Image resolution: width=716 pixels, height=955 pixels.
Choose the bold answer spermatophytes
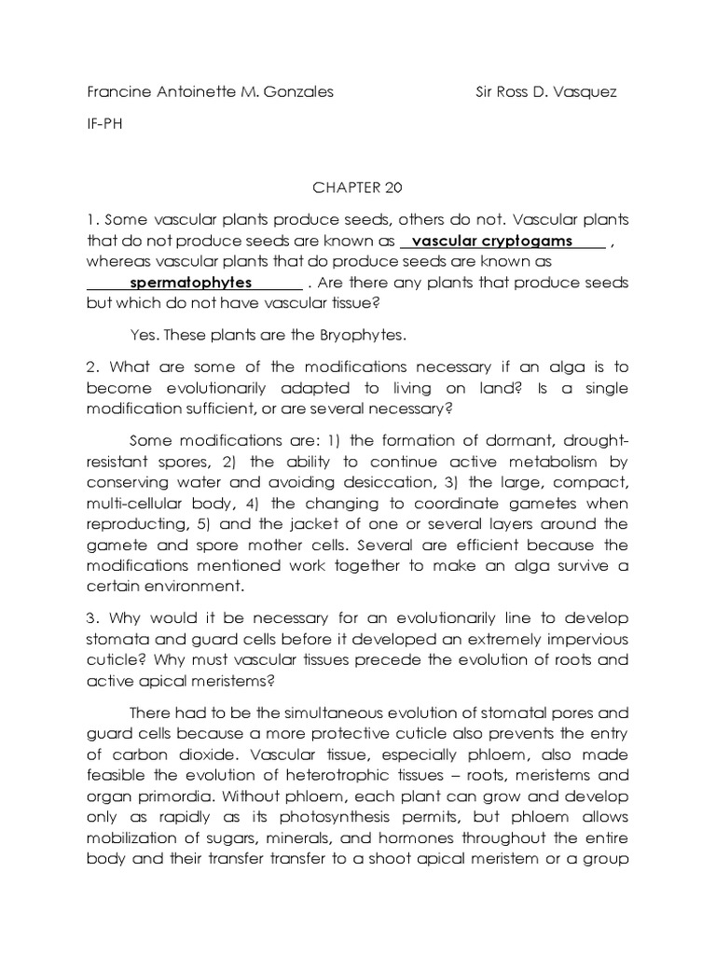[190, 283]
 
